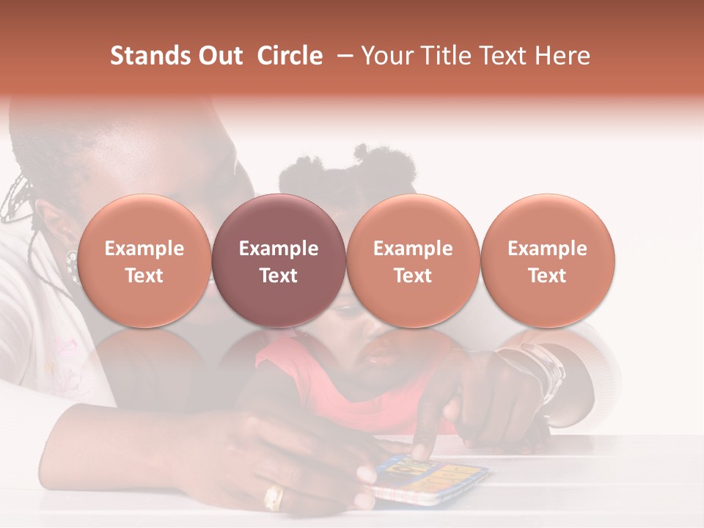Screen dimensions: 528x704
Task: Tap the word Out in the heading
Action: point(218,56)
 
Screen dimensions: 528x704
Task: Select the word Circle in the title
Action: point(290,56)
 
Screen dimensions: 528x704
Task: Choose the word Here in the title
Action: point(563,56)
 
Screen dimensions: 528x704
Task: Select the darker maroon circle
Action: point(279,260)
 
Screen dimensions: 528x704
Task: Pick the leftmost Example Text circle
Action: point(144,260)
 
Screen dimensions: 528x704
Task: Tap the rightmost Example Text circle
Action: point(547,260)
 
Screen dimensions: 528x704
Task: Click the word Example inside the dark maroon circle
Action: point(279,249)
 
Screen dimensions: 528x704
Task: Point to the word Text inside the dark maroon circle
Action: point(279,276)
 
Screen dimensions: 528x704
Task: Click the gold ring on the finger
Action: point(274,498)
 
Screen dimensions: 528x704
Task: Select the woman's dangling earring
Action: point(72,264)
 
